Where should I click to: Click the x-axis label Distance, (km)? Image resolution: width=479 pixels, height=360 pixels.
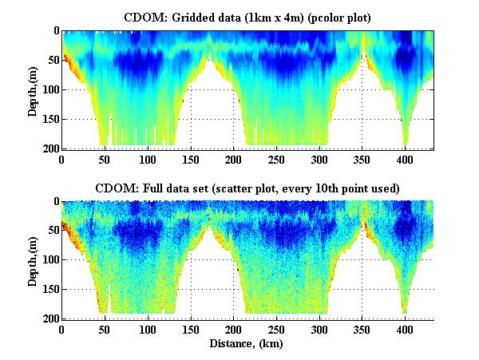(247, 344)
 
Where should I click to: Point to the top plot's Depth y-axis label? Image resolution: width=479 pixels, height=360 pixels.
(33, 89)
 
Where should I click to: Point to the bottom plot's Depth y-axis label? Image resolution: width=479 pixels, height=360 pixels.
(33, 260)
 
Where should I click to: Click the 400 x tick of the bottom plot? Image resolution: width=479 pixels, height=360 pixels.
(405, 328)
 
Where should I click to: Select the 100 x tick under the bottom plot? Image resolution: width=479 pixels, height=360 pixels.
(147, 328)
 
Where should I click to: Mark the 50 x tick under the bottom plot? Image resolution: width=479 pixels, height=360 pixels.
(105, 328)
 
